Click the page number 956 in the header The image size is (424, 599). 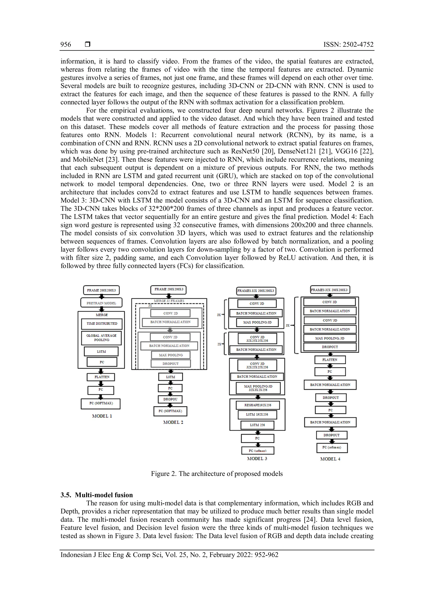tap(66, 45)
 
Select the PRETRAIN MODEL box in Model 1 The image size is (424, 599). tap(101, 303)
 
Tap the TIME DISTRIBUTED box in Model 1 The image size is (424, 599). tap(102, 323)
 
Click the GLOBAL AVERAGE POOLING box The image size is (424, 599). tap(102, 338)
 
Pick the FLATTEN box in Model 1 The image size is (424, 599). tap(101, 377)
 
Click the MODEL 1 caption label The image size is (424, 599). tap(102, 416)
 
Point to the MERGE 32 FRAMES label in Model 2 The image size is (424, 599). tap(169, 301)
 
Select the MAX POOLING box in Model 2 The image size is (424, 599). tap(171, 355)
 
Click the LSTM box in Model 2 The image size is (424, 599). tap(170, 377)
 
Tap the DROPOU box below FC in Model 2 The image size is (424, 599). tap(170, 399)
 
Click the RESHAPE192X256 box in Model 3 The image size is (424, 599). tap(258, 405)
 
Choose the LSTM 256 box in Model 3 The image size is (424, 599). tap(257, 425)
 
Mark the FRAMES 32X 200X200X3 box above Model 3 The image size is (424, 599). tap(256, 291)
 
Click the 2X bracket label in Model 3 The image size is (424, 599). tap(219, 344)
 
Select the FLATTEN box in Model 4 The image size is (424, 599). tap(330, 360)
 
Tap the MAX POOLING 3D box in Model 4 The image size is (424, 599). tap(330, 338)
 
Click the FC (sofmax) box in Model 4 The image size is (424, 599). tap(332, 447)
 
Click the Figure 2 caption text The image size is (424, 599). tap(217, 473)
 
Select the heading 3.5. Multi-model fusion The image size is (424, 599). tap(97, 495)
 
